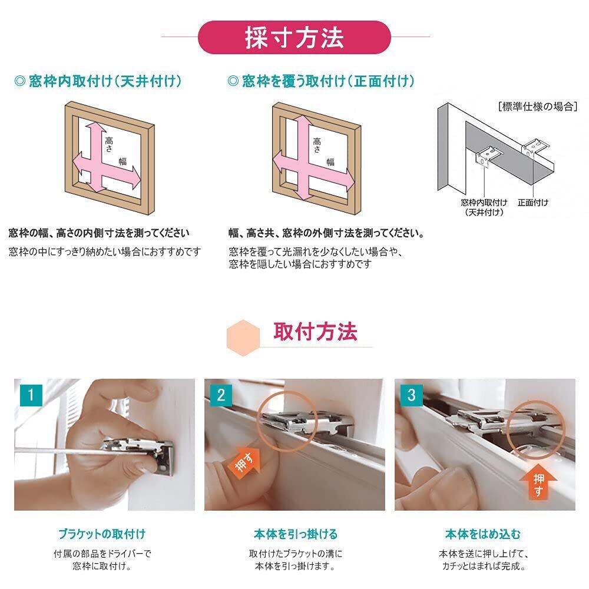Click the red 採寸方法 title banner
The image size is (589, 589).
point(294,37)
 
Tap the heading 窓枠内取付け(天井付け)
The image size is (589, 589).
point(98,81)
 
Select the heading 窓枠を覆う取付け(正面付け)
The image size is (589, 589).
point(321,81)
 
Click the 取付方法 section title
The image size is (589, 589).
point(315,332)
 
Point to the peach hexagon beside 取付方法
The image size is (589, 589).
point(243,337)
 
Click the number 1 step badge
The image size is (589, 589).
point(31,395)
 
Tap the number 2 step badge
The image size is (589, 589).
point(221,395)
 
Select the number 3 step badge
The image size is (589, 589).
point(411,395)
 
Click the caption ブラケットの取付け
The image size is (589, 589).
point(102,534)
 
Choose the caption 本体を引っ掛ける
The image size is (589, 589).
point(295,534)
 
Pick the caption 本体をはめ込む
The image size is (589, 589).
point(483,534)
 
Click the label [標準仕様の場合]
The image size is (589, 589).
point(538,107)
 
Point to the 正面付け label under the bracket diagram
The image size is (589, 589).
point(532,203)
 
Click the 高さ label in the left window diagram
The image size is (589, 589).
point(109,144)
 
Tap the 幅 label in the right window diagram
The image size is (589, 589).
point(330,162)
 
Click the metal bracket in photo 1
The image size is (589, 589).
point(140,452)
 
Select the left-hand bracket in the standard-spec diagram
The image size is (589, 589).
point(488,157)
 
